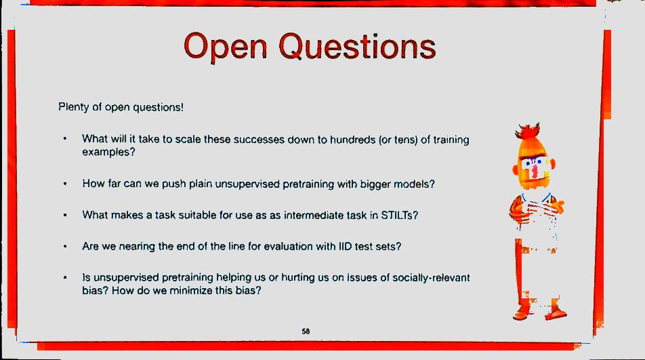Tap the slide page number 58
306,332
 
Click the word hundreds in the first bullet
353,140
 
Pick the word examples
108,153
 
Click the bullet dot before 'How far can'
65,184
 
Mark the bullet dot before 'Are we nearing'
65,246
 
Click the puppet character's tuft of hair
528,131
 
